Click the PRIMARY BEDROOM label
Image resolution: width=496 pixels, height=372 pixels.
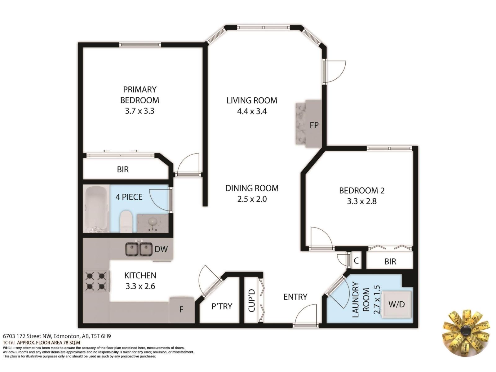pyautogui.click(x=139, y=95)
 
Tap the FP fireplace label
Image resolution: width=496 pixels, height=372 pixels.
pyautogui.click(x=314, y=125)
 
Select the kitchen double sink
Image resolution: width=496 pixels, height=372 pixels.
pyautogui.click(x=139, y=249)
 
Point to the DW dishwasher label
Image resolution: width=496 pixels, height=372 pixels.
pyautogui.click(x=161, y=249)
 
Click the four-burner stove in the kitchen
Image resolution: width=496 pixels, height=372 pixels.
pyautogui.click(x=96, y=281)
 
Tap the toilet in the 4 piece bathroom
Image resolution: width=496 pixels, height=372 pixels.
pyautogui.click(x=126, y=221)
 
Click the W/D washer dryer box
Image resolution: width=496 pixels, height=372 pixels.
pyautogui.click(x=396, y=304)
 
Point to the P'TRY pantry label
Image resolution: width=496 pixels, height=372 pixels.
pyautogui.click(x=222, y=306)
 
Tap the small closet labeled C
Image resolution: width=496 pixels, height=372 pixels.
pyautogui.click(x=356, y=261)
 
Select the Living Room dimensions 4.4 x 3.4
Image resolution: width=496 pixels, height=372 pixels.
pyautogui.click(x=252, y=111)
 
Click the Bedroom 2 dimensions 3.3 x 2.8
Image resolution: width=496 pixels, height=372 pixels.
pyautogui.click(x=362, y=201)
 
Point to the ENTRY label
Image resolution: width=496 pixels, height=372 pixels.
pyautogui.click(x=295, y=297)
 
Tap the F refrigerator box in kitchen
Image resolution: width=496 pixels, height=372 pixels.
pyautogui.click(x=182, y=309)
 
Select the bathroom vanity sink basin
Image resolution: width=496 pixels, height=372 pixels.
pyautogui.click(x=153, y=222)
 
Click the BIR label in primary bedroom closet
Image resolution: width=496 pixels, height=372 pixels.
pyautogui.click(x=123, y=170)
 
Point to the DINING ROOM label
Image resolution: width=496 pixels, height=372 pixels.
pyautogui.click(x=252, y=188)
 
